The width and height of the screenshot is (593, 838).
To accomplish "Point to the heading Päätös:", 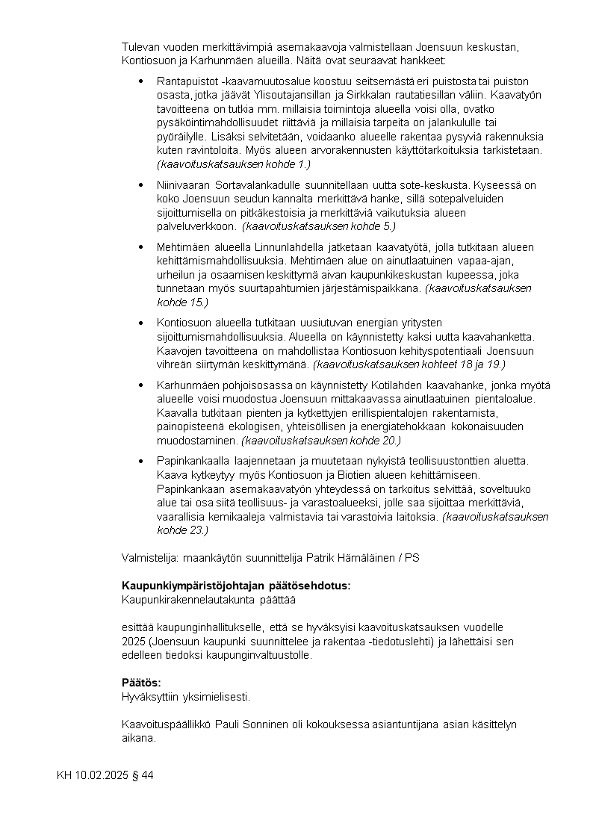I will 141,683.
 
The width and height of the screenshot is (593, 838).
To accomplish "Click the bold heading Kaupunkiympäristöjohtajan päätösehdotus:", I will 235,586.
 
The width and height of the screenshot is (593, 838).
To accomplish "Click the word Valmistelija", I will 146,557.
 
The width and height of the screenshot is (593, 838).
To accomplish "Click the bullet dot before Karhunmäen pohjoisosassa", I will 142,385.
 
